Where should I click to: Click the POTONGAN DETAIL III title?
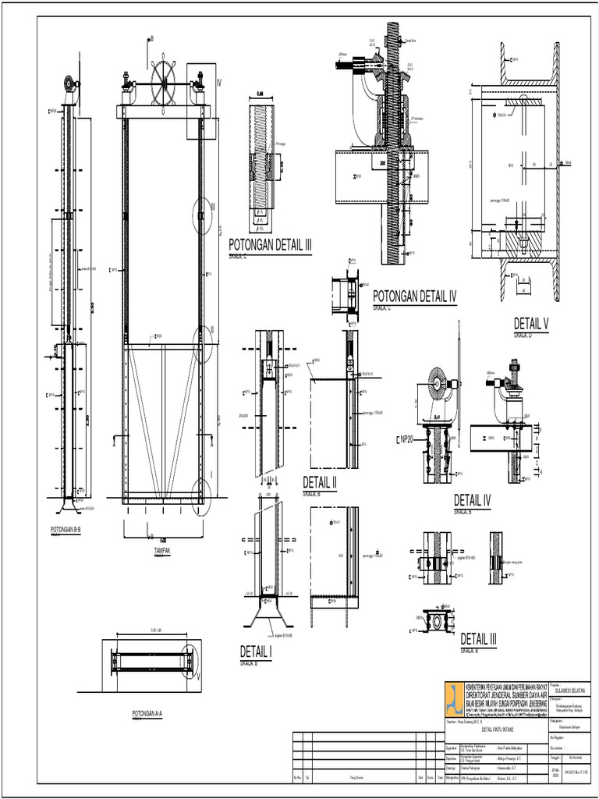click(x=270, y=246)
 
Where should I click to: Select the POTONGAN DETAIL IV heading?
click(x=414, y=297)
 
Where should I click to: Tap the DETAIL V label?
click(x=531, y=324)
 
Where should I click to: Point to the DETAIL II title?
click(x=319, y=483)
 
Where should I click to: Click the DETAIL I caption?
click(x=255, y=653)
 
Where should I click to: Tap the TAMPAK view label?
click(x=161, y=550)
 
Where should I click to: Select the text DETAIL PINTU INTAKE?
click(x=497, y=730)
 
